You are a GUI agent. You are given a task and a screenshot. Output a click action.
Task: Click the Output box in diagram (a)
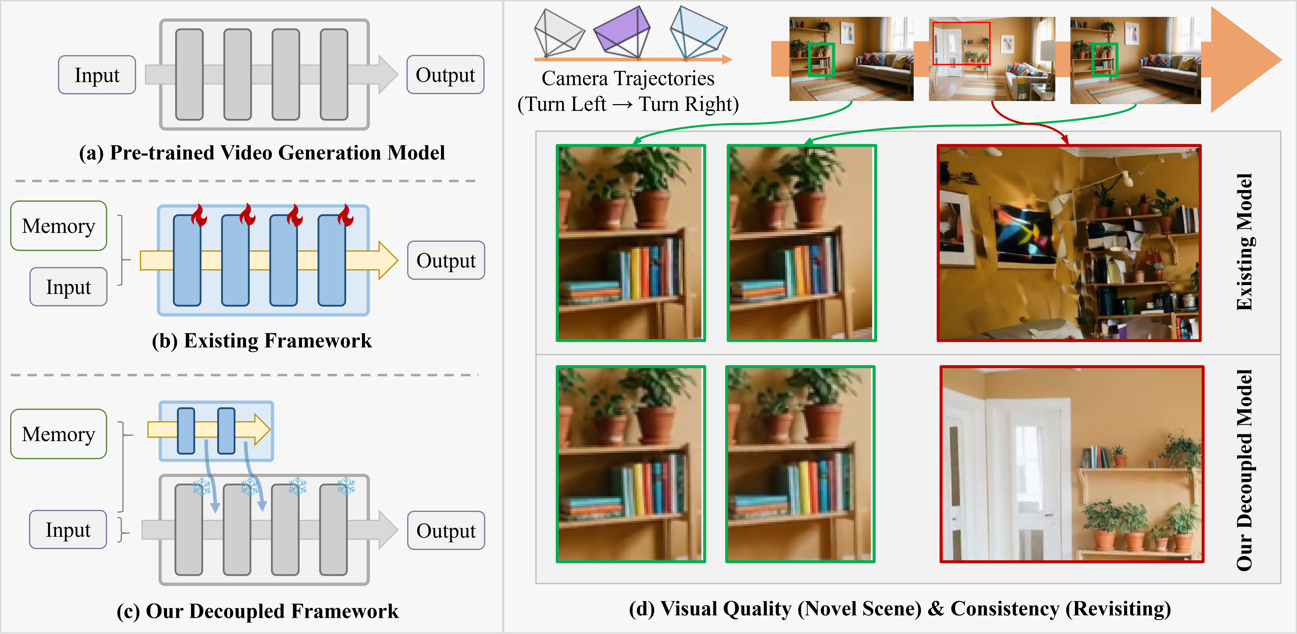(x=445, y=75)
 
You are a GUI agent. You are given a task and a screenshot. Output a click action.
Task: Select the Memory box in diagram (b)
(x=58, y=226)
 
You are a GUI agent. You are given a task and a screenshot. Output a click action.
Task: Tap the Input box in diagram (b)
(x=69, y=287)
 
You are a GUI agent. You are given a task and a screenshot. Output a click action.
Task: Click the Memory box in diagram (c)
(x=58, y=434)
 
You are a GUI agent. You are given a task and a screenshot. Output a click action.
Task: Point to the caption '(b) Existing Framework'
(x=262, y=341)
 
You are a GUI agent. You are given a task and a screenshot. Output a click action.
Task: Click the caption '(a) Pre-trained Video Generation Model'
(x=262, y=152)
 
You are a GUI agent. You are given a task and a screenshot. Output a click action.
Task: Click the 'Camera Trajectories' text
(x=628, y=78)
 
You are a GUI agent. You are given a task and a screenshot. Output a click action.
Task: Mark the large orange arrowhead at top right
(x=1244, y=59)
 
